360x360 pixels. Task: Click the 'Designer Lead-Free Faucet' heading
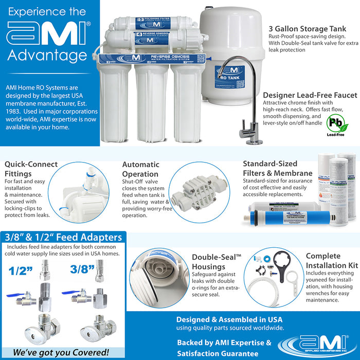coord(310,95)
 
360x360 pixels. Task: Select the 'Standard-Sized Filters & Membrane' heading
coord(278,168)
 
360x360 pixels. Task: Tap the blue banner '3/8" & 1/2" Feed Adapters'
coord(63,237)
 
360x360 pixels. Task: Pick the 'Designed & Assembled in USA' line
coord(229,319)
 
